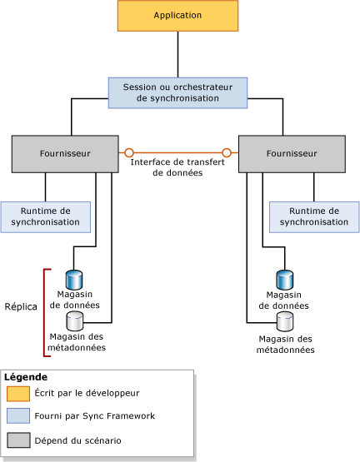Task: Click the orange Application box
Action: pos(177,16)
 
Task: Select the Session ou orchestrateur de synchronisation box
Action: pos(177,92)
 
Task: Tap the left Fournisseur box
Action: pos(65,153)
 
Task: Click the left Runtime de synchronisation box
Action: pos(45,216)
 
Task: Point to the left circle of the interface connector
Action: pos(129,153)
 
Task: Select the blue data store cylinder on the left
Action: pos(73,278)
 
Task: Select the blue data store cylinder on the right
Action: pos(284,278)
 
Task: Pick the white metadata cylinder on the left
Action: pos(73,320)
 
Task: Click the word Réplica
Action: pos(21,306)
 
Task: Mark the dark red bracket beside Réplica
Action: pos(47,312)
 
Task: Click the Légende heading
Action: pos(26,377)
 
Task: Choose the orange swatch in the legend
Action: pos(18,394)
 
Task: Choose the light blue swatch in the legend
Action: pos(18,416)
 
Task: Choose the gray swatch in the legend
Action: pos(18,440)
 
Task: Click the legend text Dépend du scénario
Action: pos(78,440)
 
